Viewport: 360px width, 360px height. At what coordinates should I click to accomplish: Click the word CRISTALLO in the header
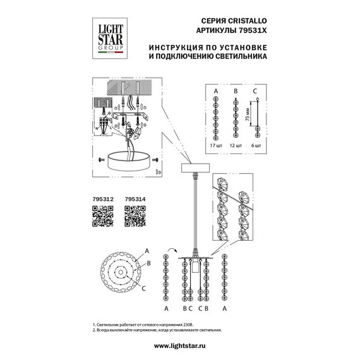[x=246, y=23]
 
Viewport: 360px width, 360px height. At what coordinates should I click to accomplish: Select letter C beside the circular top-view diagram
[x=145, y=289]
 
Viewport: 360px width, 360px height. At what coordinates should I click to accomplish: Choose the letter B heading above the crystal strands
[x=236, y=92]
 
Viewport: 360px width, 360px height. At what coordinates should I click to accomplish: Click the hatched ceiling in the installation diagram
[x=126, y=86]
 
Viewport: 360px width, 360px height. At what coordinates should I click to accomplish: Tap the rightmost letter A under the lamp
[x=225, y=309]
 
